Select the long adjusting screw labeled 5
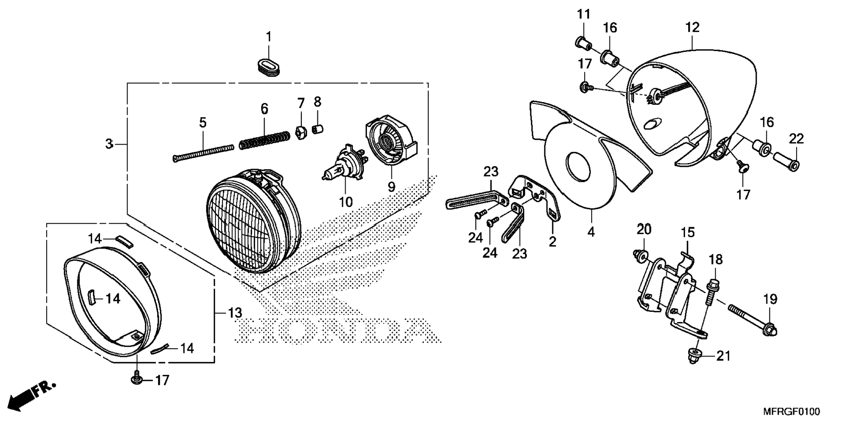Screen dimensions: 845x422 click(203, 153)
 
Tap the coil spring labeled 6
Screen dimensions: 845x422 click(264, 139)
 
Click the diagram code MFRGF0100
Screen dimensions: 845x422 click(791, 412)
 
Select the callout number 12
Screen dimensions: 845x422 click(692, 27)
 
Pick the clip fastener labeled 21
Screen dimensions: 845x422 click(694, 356)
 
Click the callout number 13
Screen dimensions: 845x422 click(235, 313)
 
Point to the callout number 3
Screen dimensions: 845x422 click(109, 144)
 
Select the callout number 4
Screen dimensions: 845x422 click(591, 232)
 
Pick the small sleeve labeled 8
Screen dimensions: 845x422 click(318, 130)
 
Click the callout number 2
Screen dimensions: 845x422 click(552, 241)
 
